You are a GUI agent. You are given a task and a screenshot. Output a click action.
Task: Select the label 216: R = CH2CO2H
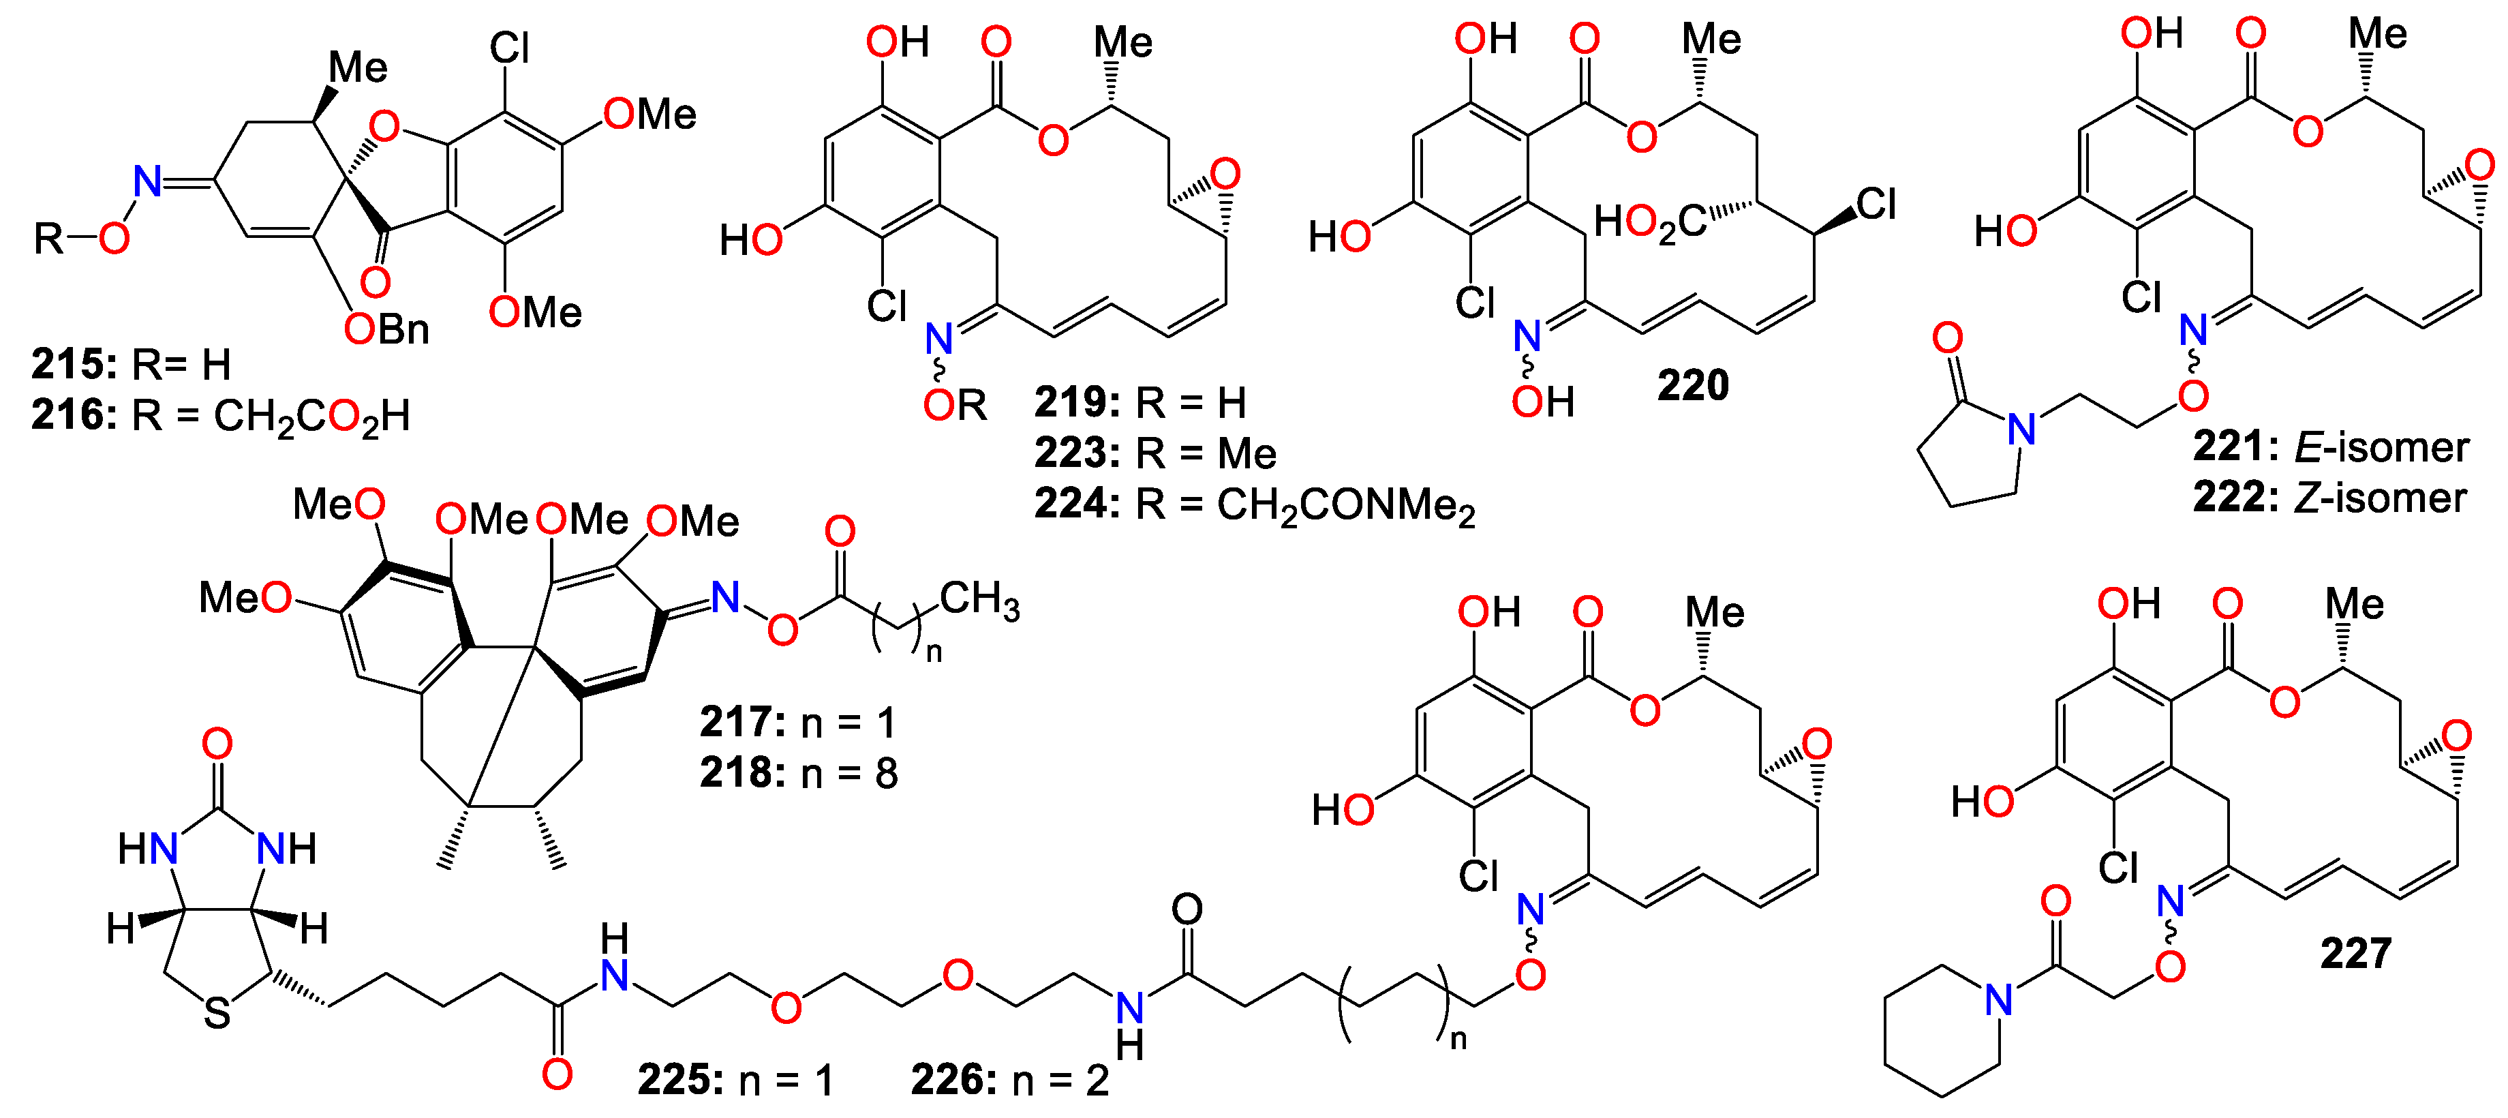tap(220, 416)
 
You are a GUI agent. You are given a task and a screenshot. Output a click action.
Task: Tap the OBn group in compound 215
tap(386, 329)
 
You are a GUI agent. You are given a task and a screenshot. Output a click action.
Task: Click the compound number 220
tap(1692, 386)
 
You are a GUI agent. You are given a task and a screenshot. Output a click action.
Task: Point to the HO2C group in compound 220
tap(1649, 222)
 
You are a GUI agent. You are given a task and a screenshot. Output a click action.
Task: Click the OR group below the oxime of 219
tap(954, 405)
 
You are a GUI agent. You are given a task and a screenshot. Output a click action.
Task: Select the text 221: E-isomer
tap(2330, 447)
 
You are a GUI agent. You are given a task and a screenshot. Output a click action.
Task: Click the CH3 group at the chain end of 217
tap(979, 600)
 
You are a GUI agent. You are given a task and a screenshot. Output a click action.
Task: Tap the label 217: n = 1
tap(797, 723)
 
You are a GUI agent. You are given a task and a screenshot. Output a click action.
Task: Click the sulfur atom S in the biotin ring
tap(217, 1014)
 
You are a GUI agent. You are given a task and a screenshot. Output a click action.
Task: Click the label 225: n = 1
tap(735, 1080)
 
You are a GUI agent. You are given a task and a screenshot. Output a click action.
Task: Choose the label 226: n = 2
tap(1009, 1080)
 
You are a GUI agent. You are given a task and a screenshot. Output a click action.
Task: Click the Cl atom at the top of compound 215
tap(509, 48)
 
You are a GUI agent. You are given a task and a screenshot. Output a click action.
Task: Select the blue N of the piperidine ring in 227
tap(1999, 999)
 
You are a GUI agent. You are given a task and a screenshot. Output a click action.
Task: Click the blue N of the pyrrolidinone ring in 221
tap(2022, 429)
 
